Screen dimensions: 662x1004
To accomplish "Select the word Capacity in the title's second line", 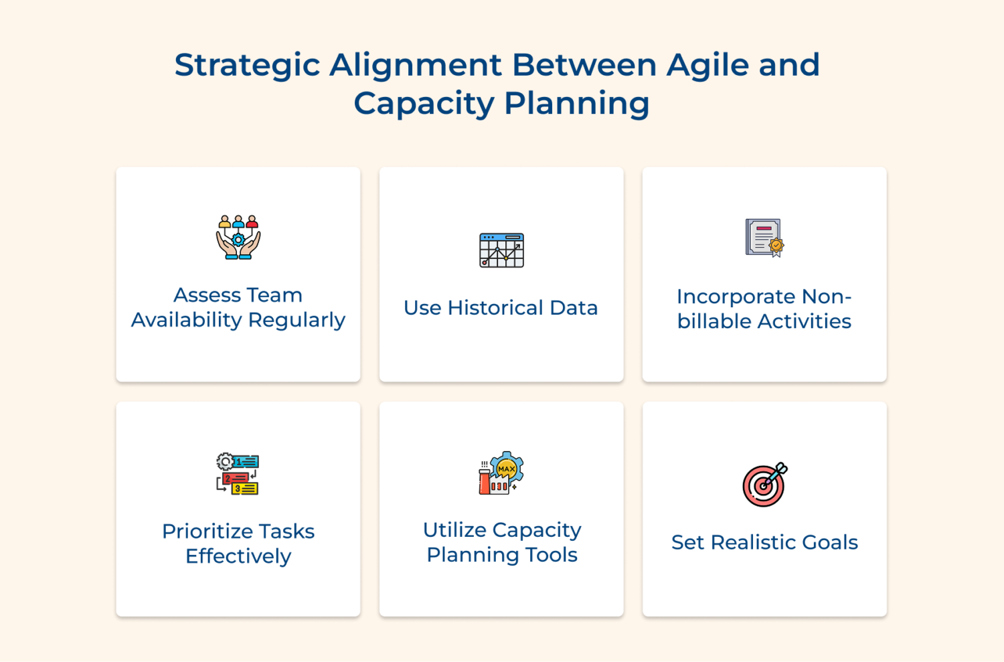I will point(424,104).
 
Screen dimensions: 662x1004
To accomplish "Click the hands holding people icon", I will point(238,237).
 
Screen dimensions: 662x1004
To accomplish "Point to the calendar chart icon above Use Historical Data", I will point(501,250).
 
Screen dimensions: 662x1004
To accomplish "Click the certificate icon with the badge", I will point(764,238).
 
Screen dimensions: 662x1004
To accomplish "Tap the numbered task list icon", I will point(238,474).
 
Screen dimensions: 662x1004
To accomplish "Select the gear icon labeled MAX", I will point(506,469).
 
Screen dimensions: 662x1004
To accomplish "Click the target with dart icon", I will point(764,485).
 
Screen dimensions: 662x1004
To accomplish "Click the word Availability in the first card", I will point(186,320).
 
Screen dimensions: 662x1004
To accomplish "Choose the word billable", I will point(714,321).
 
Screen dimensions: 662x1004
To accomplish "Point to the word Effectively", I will point(238,556).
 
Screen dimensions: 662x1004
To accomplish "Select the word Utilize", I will point(454,530).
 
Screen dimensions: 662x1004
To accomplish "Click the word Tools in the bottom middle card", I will point(551,555).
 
